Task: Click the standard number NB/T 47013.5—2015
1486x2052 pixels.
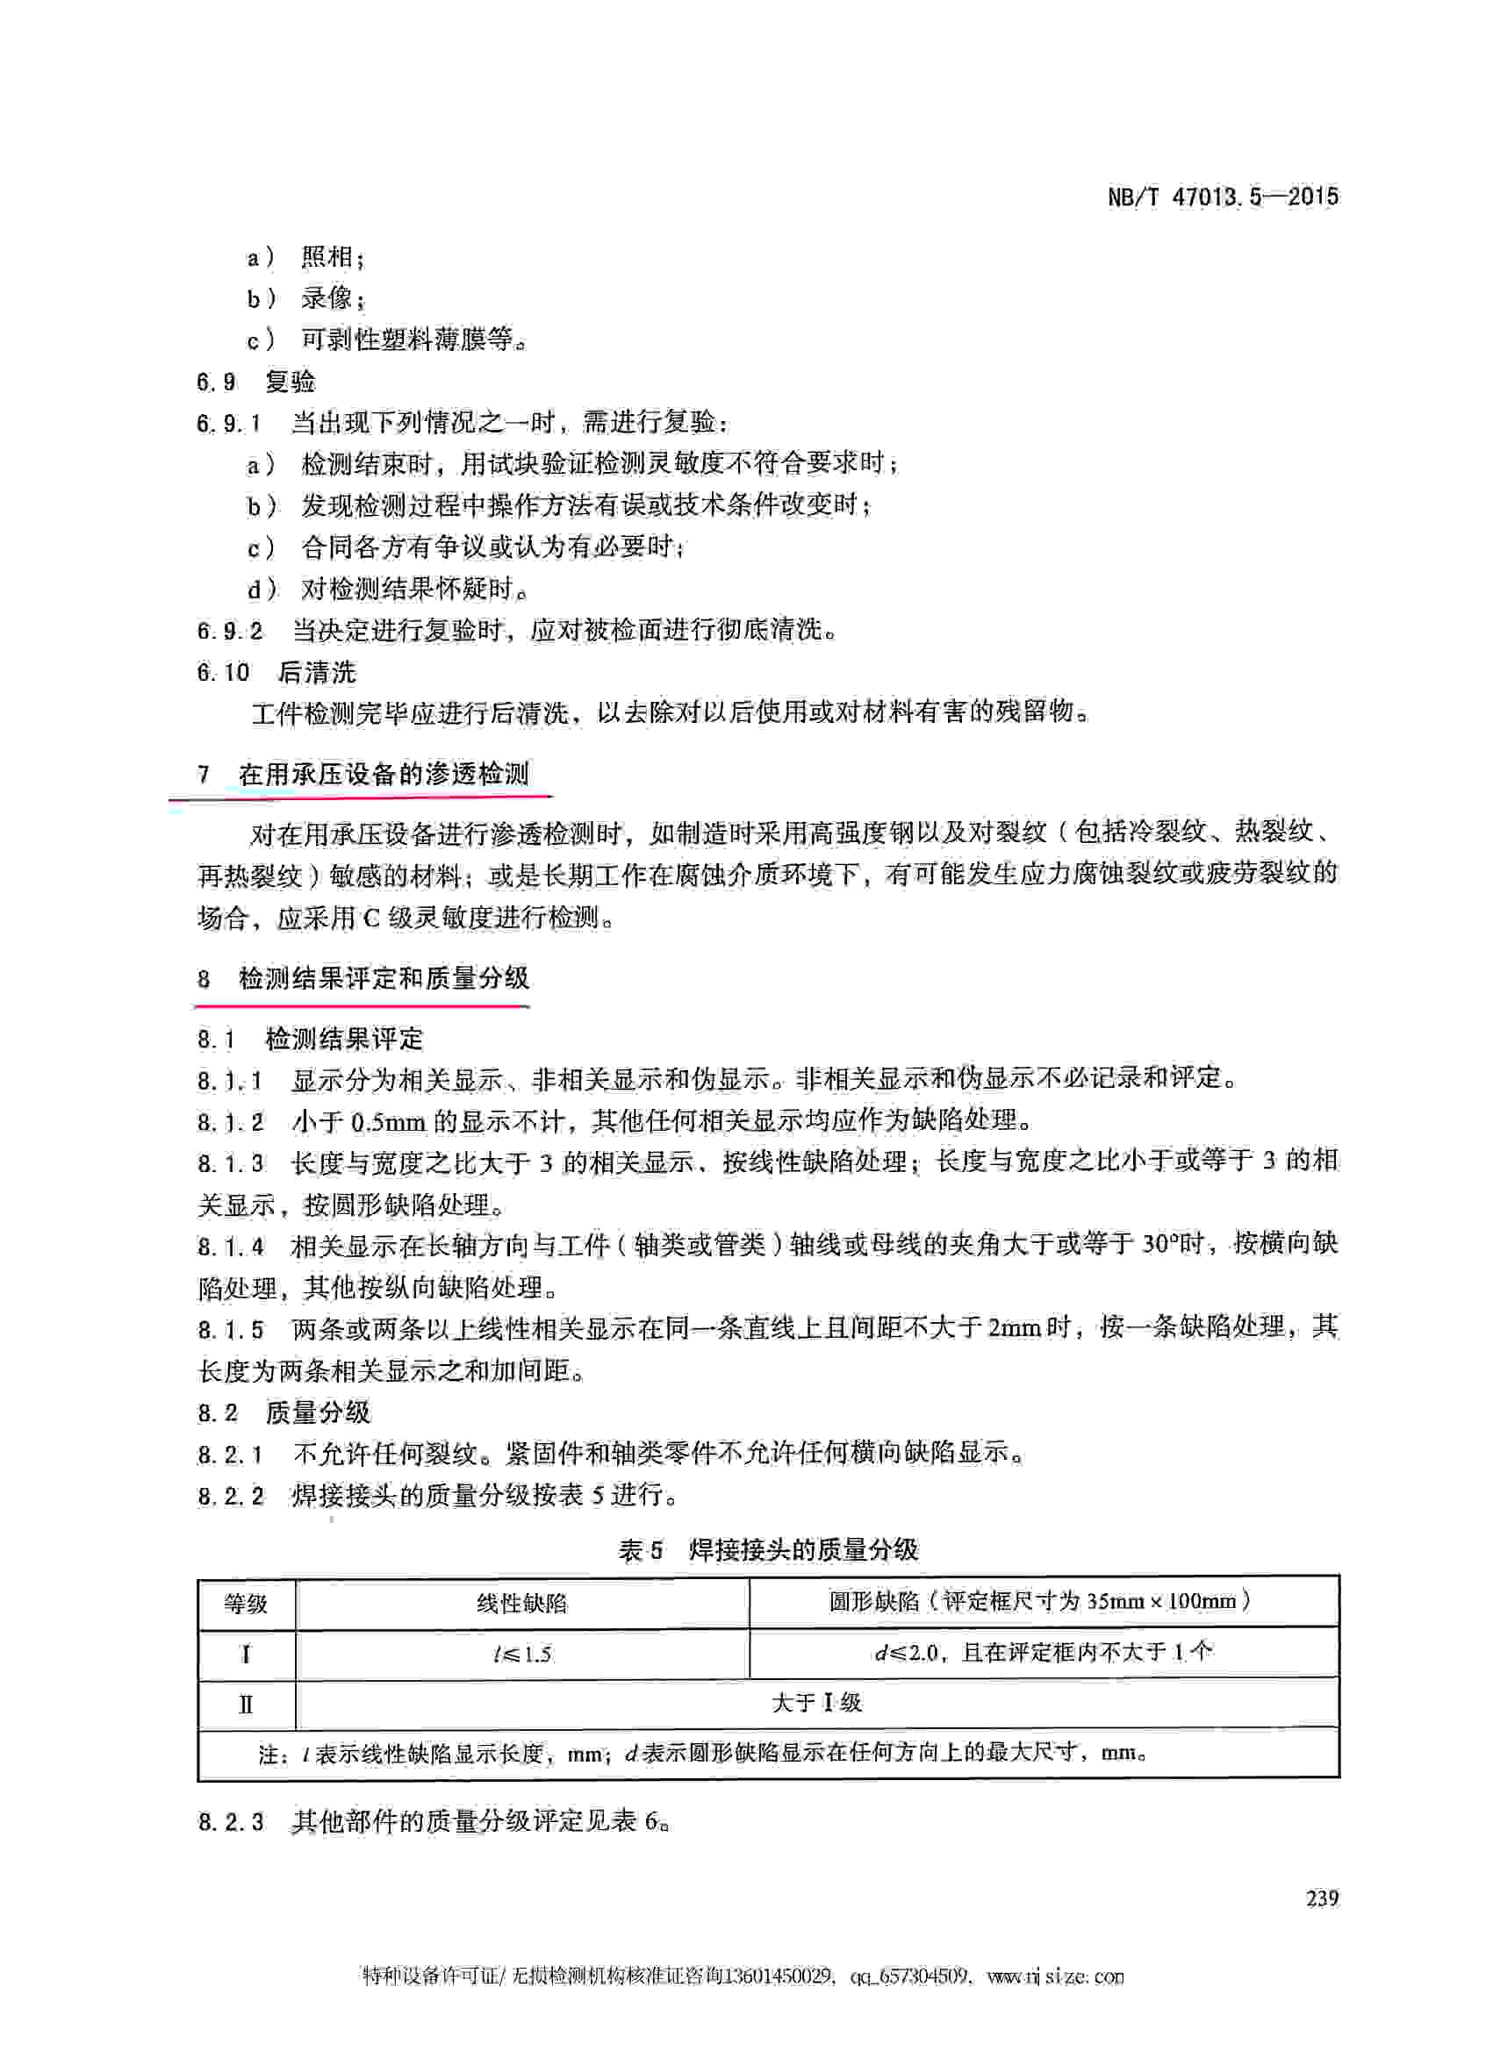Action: (1222, 197)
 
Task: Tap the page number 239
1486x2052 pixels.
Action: (1321, 1898)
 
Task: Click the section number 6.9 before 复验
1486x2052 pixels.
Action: (216, 382)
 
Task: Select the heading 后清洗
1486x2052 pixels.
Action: (317, 672)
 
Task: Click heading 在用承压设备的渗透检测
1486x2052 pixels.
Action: (384, 775)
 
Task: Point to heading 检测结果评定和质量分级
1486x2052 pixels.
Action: (384, 978)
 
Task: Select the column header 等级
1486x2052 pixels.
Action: (246, 1605)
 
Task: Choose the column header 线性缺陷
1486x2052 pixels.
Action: (521, 1605)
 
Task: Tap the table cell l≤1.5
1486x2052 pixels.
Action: (522, 1655)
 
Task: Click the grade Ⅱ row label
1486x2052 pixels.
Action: (246, 1705)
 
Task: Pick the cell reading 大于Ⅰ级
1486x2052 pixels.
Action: (816, 1704)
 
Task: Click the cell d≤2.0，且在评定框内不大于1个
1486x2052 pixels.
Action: (1043, 1654)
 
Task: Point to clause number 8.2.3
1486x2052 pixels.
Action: (231, 1821)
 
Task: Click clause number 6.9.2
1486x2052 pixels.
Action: (230, 631)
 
